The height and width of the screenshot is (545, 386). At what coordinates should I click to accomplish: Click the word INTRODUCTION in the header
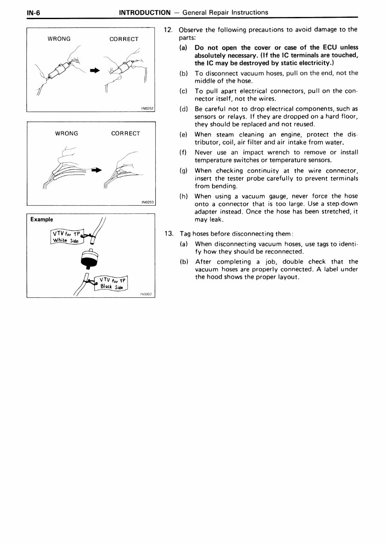145,12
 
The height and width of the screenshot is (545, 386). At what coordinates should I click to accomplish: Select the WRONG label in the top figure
59,39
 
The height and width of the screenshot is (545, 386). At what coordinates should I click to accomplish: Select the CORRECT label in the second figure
126,133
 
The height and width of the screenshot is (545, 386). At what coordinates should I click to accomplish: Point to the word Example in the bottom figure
42,219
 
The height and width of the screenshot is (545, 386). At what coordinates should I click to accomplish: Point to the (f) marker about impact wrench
184,152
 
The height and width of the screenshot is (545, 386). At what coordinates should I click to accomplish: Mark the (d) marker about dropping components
184,109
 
